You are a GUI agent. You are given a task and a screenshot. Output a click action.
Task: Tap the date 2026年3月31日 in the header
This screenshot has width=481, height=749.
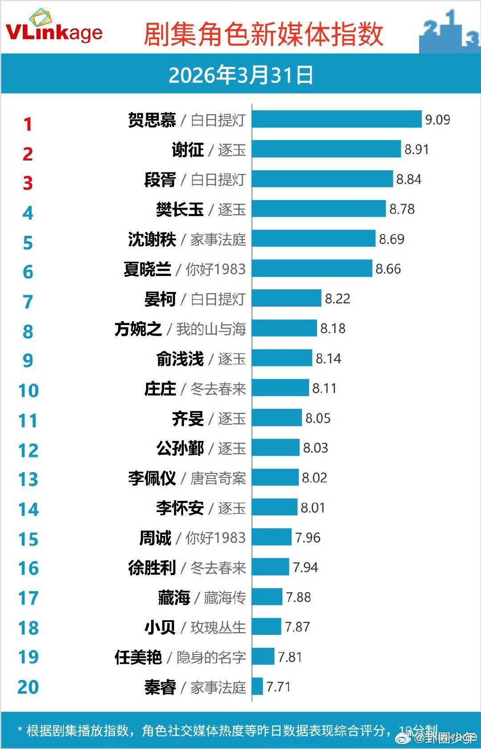coord(240,75)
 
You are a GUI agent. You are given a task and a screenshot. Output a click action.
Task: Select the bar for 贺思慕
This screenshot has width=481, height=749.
coord(336,119)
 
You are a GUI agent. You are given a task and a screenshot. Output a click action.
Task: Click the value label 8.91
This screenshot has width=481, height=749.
coord(416,149)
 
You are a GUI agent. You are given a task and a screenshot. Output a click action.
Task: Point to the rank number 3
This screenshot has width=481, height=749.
coord(28,183)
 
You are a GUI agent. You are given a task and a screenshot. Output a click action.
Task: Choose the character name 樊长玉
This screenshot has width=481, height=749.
coord(179,210)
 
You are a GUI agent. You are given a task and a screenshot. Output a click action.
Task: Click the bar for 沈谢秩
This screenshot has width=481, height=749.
coord(314,239)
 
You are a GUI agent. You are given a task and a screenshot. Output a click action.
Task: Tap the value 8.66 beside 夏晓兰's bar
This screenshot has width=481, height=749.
coord(388,269)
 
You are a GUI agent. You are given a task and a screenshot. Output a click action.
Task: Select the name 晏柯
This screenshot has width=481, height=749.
coord(160,299)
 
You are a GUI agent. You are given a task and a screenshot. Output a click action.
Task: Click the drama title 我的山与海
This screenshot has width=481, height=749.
coord(211,329)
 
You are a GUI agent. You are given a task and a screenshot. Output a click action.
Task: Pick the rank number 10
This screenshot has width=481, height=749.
coord(29,391)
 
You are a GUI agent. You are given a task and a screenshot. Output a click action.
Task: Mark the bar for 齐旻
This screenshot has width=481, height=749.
coord(277,418)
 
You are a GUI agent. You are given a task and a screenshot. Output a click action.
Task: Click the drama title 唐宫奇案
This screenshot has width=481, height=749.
coord(218,478)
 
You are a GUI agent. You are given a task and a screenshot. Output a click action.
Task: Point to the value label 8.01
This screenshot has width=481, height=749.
coord(313,508)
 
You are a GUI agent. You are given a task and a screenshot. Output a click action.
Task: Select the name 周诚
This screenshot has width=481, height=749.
coord(155,538)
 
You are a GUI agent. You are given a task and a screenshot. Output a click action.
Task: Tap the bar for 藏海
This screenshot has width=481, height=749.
coord(267,597)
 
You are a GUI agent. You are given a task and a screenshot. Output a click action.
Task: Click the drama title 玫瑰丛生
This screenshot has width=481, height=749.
coord(218,627)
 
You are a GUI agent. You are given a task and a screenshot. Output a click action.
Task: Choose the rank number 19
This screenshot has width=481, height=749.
coord(29,657)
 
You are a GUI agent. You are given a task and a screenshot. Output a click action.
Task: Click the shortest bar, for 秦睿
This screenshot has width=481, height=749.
coord(257,687)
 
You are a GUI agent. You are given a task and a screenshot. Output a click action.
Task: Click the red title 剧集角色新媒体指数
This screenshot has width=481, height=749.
coord(263,34)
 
